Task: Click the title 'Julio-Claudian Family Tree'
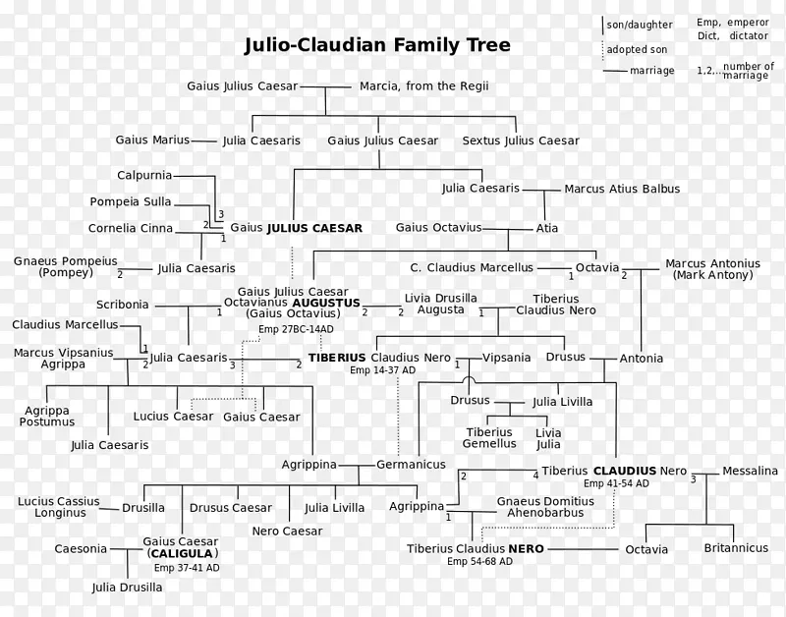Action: (x=377, y=46)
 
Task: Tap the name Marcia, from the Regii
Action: (x=424, y=86)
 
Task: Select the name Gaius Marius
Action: (x=152, y=140)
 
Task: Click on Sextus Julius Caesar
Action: (x=521, y=140)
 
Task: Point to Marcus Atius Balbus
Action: (x=622, y=189)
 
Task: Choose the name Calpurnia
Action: (x=144, y=175)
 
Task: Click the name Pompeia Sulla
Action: (x=130, y=202)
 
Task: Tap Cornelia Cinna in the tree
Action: (x=131, y=228)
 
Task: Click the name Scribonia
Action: (x=123, y=305)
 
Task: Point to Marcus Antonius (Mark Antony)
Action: (x=712, y=269)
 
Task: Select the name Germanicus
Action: (x=411, y=464)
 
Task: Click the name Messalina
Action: (x=750, y=472)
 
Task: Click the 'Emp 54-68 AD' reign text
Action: (x=479, y=562)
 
